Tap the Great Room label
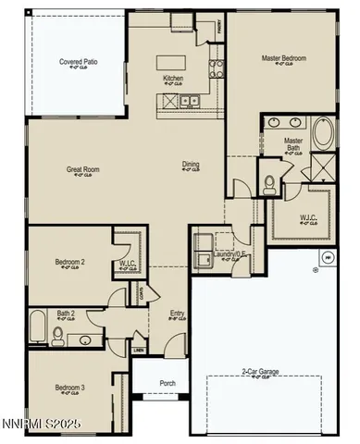[82, 169]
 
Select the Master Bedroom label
[283, 58]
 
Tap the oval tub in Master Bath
[323, 134]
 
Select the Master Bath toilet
[270, 183]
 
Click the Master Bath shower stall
[322, 167]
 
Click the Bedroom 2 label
[69, 263]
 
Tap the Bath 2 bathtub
[38, 327]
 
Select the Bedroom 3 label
[69, 387]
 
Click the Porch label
[168, 383]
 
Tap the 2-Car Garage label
[262, 372]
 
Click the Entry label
[177, 314]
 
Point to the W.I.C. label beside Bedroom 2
[128, 264]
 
